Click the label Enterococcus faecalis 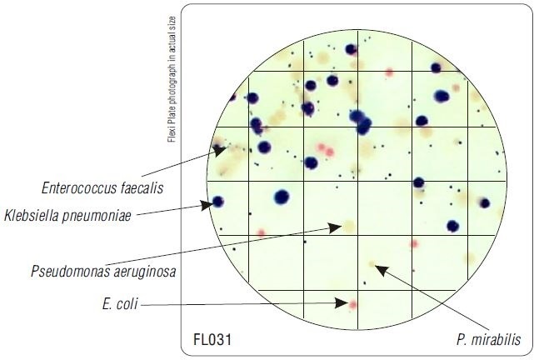pos(102,188)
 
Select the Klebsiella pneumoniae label pos(67,216)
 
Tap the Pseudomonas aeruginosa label pos(103,272)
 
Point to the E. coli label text pos(120,304)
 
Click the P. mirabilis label pos(489,339)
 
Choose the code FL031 pos(212,339)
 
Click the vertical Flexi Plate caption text pos(172,79)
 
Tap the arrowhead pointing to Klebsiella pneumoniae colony pos(207,205)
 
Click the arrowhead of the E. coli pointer pos(342,302)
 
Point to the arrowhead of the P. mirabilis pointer pos(382,270)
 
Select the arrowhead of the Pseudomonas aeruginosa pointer pos(335,227)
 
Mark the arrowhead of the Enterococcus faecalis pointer pos(220,151)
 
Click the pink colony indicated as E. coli pos(353,304)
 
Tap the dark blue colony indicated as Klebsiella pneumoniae pos(218,202)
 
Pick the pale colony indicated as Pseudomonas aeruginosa pos(349,227)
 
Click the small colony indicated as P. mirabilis pos(372,264)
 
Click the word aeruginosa pos(145,272)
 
